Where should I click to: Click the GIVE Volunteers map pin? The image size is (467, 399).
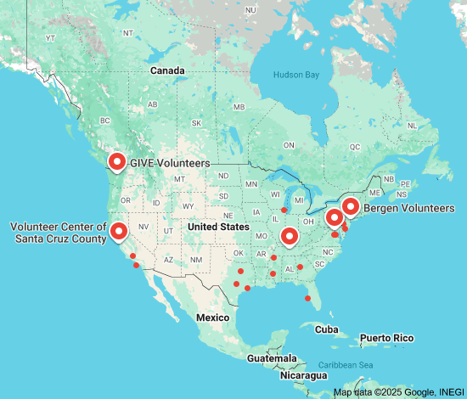(x=117, y=160)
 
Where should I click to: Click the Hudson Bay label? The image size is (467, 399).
(x=296, y=76)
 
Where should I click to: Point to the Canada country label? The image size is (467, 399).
(x=167, y=70)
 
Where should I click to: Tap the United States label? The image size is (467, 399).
(x=218, y=228)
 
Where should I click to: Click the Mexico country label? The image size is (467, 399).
(x=213, y=317)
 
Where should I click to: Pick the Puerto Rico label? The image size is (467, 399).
(x=387, y=339)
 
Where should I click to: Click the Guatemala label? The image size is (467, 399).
(x=272, y=359)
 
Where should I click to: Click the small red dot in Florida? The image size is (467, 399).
(x=307, y=298)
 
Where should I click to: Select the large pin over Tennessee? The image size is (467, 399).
(x=290, y=235)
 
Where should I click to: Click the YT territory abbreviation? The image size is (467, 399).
(x=50, y=38)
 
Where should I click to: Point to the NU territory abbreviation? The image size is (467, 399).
(x=250, y=9)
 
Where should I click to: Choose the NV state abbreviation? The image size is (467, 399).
(x=143, y=227)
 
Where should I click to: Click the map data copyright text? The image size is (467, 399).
(x=398, y=392)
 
